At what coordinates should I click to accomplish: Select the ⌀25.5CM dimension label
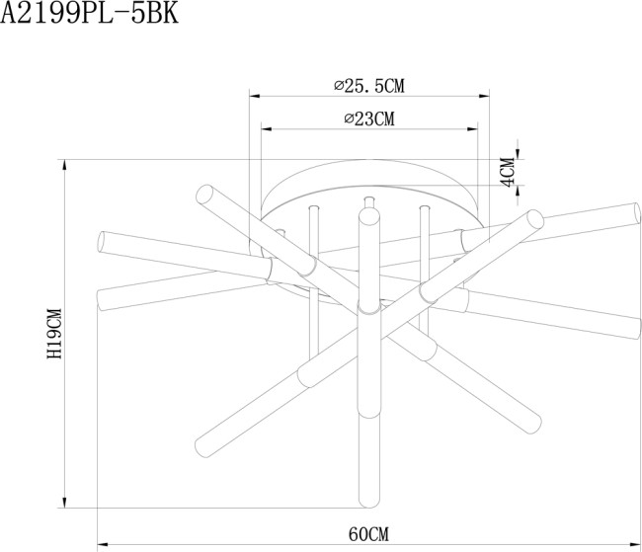[x=369, y=86]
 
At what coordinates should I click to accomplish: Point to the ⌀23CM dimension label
[x=369, y=119]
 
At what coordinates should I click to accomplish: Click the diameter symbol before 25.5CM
[x=340, y=86]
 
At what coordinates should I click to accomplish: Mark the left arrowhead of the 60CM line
[x=103, y=544]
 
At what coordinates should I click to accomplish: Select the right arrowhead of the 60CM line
[x=637, y=544]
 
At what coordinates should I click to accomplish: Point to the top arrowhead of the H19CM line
[x=65, y=164]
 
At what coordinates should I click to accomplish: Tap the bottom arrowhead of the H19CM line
[x=65, y=503]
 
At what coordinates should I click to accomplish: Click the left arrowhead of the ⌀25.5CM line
[x=253, y=97]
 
